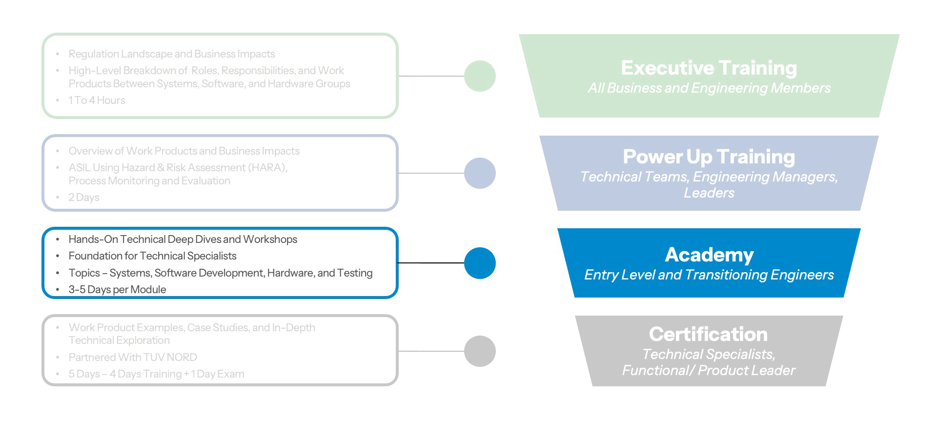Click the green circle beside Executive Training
coord(480,76)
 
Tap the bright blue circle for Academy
coord(480,263)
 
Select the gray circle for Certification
coord(480,351)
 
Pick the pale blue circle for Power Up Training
coord(480,173)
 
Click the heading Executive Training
coord(709,68)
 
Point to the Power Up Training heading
coord(709,157)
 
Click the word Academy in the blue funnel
coord(709,255)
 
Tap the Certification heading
coord(708,334)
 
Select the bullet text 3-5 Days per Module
coord(117,289)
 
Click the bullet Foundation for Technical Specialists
coord(152,256)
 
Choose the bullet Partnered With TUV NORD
coord(133,357)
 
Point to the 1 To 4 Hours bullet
coord(97,100)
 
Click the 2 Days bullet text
coord(84,197)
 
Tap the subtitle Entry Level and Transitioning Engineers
coord(709,275)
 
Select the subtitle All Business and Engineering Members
coord(709,88)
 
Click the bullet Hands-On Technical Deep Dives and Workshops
coord(183,239)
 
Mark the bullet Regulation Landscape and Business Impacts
coord(172,54)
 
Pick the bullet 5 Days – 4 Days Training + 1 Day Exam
coord(156,374)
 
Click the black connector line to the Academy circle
coord(430,263)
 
